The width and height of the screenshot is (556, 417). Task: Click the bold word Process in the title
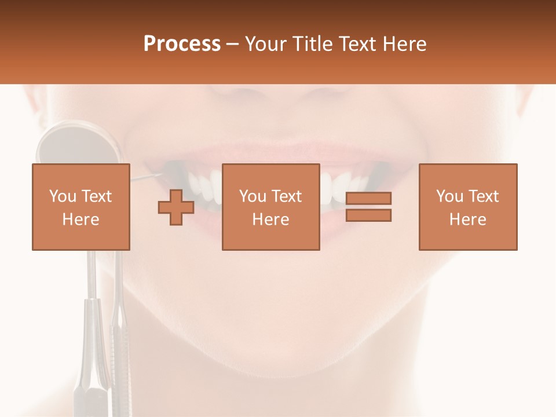coord(182,44)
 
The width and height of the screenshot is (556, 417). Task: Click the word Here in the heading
coord(405,44)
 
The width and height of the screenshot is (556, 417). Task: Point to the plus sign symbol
coord(176,207)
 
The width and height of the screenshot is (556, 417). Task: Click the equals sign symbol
coord(368,207)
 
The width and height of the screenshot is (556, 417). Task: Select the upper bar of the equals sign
coord(368,199)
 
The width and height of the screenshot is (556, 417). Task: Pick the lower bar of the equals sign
coord(368,215)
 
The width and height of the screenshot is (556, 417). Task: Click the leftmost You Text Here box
coord(81,207)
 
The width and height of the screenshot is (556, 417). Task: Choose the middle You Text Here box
coord(270,207)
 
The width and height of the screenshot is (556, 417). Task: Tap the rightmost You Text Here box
coord(467,207)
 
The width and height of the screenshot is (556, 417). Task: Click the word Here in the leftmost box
coord(81,219)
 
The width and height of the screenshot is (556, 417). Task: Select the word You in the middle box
coord(253,196)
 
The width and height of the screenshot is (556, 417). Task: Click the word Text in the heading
coord(360,44)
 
